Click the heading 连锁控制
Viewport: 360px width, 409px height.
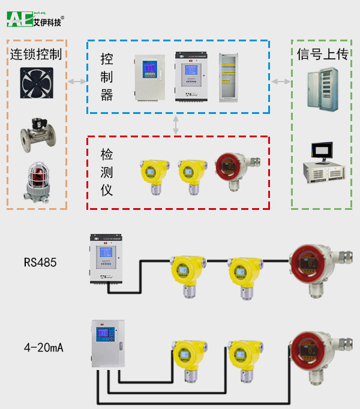coord(36,55)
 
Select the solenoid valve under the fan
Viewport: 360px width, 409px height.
coord(36,133)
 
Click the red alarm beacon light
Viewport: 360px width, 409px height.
coord(37,180)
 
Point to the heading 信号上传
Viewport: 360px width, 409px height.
coord(322,55)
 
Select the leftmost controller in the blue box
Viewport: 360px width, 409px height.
coord(149,79)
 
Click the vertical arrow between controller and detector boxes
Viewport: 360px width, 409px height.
coord(176,125)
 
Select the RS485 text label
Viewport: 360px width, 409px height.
coord(40,262)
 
